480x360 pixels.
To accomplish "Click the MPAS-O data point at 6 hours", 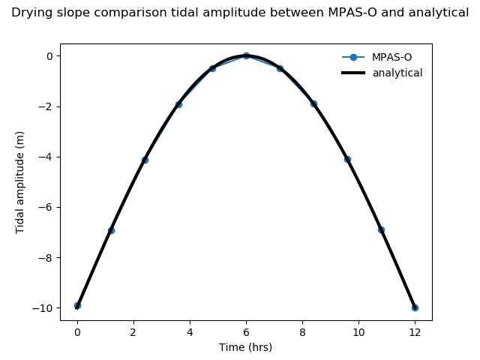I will (246, 55).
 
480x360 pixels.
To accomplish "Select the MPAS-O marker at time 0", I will (77, 305).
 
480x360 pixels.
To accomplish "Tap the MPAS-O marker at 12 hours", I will (415, 307).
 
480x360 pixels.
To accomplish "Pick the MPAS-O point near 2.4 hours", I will (145, 160).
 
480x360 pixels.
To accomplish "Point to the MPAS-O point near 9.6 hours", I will (347, 159).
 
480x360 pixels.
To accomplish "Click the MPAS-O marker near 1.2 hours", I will (111, 230).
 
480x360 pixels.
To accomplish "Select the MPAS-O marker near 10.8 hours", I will (381, 229).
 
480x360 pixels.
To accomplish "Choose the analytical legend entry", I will (397, 73).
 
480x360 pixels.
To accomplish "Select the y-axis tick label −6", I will (46, 207).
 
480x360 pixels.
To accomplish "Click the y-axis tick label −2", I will (46, 106).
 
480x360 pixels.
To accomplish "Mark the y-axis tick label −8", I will (46, 258).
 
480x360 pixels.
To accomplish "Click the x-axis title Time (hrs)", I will (245, 347).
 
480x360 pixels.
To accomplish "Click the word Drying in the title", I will (28, 13).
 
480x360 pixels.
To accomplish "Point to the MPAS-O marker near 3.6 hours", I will (178, 104).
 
